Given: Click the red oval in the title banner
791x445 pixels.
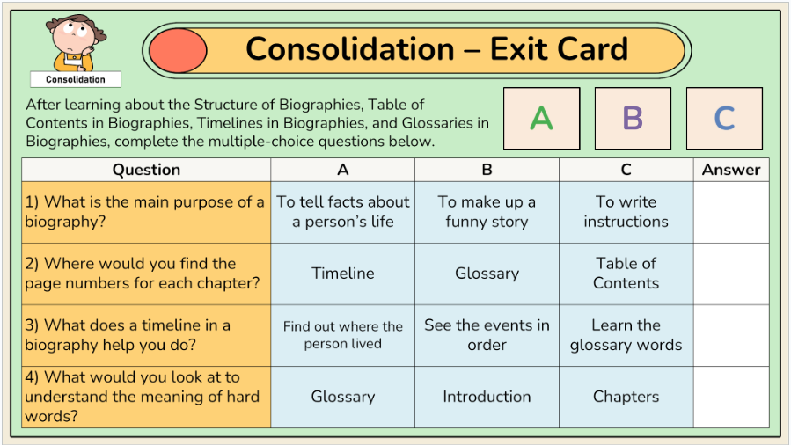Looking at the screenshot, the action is (178, 50).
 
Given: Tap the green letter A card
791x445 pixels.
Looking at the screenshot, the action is (542, 119).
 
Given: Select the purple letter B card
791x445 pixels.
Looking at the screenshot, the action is (633, 119).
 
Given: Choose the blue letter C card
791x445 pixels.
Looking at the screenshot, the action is (724, 119).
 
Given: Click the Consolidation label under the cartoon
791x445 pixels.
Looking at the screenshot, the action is (76, 79).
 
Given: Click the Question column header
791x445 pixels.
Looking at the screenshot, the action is (146, 170).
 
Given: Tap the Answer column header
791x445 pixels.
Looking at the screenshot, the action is (731, 170).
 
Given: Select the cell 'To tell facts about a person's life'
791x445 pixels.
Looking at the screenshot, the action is (343, 212).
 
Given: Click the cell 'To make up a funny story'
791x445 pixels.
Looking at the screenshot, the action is (487, 212).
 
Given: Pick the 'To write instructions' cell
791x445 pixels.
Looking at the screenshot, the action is (626, 212).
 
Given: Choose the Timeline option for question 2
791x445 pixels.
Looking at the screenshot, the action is (343, 274).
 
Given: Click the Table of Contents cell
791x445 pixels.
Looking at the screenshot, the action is (626, 274).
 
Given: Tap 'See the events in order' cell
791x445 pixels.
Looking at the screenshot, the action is (487, 335).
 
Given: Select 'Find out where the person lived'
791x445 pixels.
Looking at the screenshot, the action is (343, 335).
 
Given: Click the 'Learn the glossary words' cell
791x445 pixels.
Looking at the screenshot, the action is (626, 335).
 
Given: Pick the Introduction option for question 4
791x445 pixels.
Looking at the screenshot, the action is (487, 398).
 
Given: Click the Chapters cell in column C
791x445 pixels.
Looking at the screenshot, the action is (626, 398).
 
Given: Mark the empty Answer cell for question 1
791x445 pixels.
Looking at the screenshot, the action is (731, 212).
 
